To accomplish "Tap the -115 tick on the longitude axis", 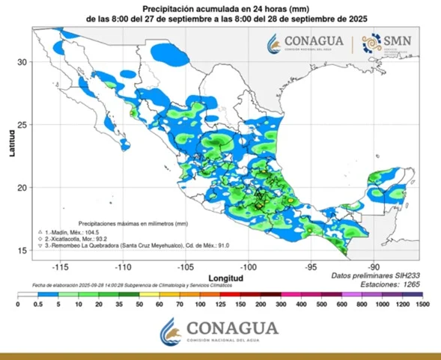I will pos(61,266).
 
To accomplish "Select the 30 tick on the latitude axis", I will pos(22,61).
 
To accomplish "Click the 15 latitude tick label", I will pos(22,250).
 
